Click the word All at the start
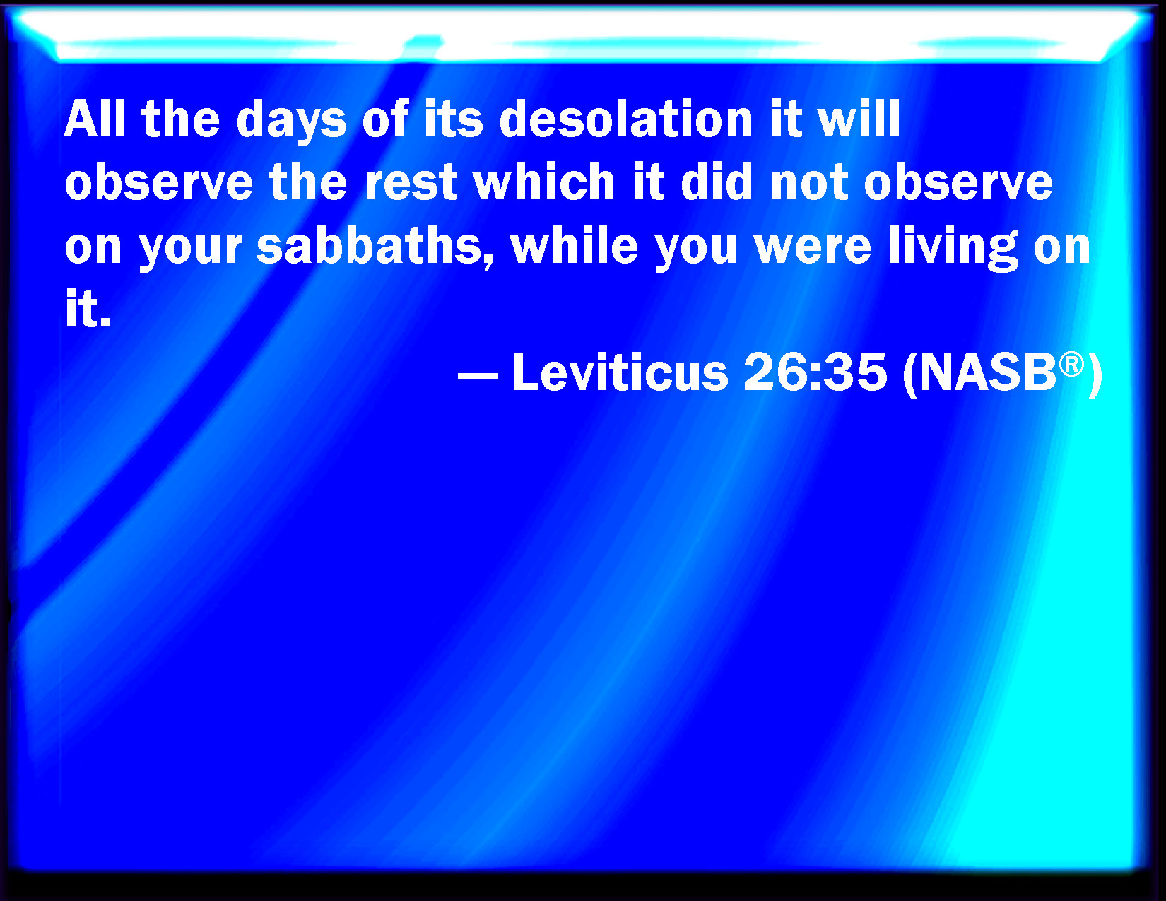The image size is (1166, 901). coord(95,119)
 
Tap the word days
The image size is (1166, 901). coord(291,122)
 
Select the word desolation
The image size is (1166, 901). coord(626,119)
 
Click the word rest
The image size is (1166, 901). coord(411,184)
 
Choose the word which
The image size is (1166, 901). coord(544,182)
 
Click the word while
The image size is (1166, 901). coord(574,245)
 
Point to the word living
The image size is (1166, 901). coord(953,248)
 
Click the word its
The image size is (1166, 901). coord(454,119)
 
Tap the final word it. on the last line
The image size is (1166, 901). coord(88,309)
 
